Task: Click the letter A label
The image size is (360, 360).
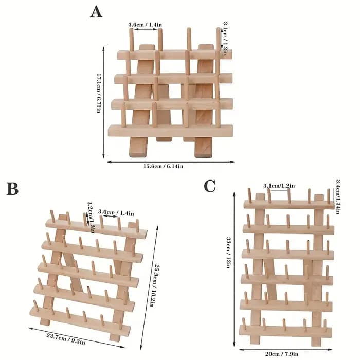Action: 96,12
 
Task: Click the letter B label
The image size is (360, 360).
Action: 12,188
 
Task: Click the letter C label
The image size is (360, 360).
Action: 210,186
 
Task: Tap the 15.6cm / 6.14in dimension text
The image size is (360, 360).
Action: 163,166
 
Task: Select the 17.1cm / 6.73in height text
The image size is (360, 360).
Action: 99,93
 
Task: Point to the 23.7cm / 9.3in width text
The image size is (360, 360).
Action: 66,339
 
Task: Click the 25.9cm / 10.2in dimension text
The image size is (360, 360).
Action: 154,285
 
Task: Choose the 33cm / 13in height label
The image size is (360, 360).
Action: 228,253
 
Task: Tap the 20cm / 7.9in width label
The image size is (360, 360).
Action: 282,354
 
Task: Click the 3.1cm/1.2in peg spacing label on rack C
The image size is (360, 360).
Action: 279,186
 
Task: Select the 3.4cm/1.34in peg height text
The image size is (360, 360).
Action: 338,197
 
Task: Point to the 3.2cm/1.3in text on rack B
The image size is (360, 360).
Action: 91,217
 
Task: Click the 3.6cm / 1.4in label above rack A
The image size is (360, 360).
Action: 145,24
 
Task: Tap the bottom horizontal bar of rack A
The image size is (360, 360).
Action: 170,131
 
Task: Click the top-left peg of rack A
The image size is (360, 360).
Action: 131,40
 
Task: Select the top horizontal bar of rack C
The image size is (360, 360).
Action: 289,204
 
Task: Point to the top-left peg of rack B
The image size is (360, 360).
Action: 53,217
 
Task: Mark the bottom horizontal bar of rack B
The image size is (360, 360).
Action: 80,320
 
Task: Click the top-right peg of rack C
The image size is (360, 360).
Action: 329,196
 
